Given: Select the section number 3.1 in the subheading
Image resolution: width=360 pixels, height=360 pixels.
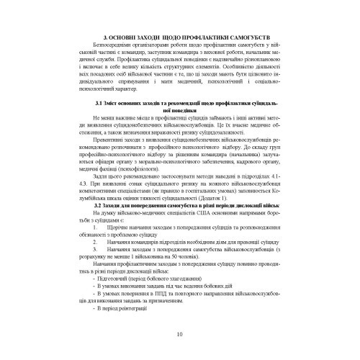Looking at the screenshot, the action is [x=98, y=104].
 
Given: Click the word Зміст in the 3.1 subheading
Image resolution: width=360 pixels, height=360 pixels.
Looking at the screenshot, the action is [x=114, y=104].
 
